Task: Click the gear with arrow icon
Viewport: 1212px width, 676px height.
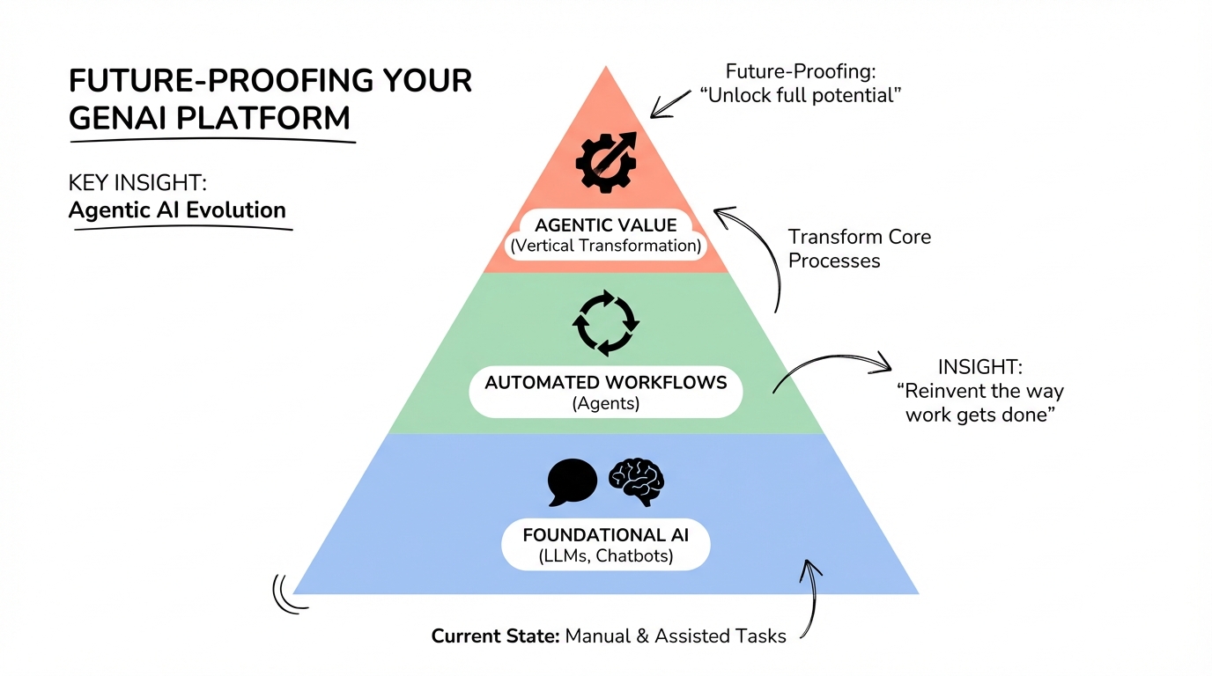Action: tap(605, 162)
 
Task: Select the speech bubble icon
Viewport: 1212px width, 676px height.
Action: tap(572, 482)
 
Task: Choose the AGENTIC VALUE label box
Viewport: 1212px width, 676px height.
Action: tap(606, 235)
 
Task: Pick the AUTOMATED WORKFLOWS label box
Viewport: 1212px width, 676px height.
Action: tap(606, 392)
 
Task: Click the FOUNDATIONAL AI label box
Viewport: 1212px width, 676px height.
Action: tap(606, 544)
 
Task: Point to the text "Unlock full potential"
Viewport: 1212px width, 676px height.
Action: tap(801, 95)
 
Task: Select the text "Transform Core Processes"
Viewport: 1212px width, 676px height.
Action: tap(859, 248)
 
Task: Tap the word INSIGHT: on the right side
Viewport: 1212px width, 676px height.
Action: tap(979, 367)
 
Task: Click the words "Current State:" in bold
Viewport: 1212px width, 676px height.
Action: tap(495, 636)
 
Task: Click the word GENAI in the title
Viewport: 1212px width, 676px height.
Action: tap(123, 117)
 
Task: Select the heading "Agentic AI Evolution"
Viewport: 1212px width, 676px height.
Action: tap(177, 210)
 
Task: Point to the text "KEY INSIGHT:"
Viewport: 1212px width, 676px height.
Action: tap(137, 183)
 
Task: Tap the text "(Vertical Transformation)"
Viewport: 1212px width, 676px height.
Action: tap(606, 246)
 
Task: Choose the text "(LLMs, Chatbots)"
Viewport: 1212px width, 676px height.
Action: tap(606, 555)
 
